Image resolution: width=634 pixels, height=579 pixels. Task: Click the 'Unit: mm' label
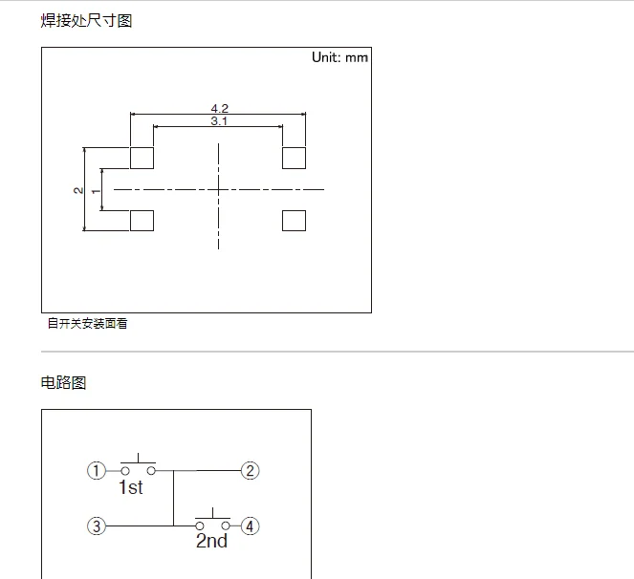(339, 57)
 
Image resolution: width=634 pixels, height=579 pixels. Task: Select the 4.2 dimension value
(219, 108)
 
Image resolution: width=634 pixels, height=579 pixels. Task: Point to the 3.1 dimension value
(219, 121)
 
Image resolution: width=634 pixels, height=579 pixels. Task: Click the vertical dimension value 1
(95, 190)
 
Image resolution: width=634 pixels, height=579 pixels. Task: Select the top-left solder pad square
(142, 158)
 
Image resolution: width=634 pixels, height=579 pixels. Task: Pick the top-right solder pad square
(295, 158)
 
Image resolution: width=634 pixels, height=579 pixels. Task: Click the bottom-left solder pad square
(142, 221)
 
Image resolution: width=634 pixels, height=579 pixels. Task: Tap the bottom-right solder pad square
(295, 221)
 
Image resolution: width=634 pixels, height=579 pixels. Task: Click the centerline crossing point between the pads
(219, 189)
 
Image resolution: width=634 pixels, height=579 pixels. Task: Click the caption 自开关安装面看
(88, 323)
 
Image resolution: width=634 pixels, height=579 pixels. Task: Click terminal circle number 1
(96, 470)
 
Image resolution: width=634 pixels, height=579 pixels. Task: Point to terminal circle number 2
(251, 470)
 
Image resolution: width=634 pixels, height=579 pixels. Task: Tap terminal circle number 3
(96, 525)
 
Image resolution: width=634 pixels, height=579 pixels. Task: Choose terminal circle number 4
(251, 525)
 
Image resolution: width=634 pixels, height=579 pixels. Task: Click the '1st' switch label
(131, 488)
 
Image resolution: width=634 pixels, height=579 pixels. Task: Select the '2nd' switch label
(211, 542)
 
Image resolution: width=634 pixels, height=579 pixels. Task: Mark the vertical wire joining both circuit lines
(173, 498)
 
